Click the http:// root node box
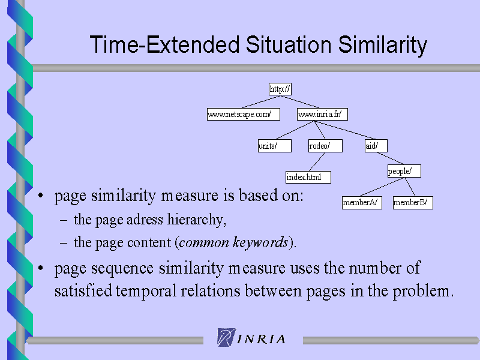coord(280,89)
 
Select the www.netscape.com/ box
coord(244,114)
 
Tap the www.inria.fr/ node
coord(322,114)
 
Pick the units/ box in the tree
coord(275,146)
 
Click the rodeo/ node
coord(325,146)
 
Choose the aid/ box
coord(376,146)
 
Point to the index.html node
coord(308,177)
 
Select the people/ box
coord(404,171)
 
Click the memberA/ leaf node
coord(362,203)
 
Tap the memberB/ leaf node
coord(413,203)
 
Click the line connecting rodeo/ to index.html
coord(317,161)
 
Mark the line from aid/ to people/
coord(391,158)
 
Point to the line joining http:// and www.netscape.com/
coord(260,102)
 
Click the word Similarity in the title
coord(382,44)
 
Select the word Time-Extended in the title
coord(164,44)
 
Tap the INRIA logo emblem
coord(227,337)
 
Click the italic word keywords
coord(260,242)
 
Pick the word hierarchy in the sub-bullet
coord(197,220)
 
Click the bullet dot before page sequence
coord(41,268)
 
